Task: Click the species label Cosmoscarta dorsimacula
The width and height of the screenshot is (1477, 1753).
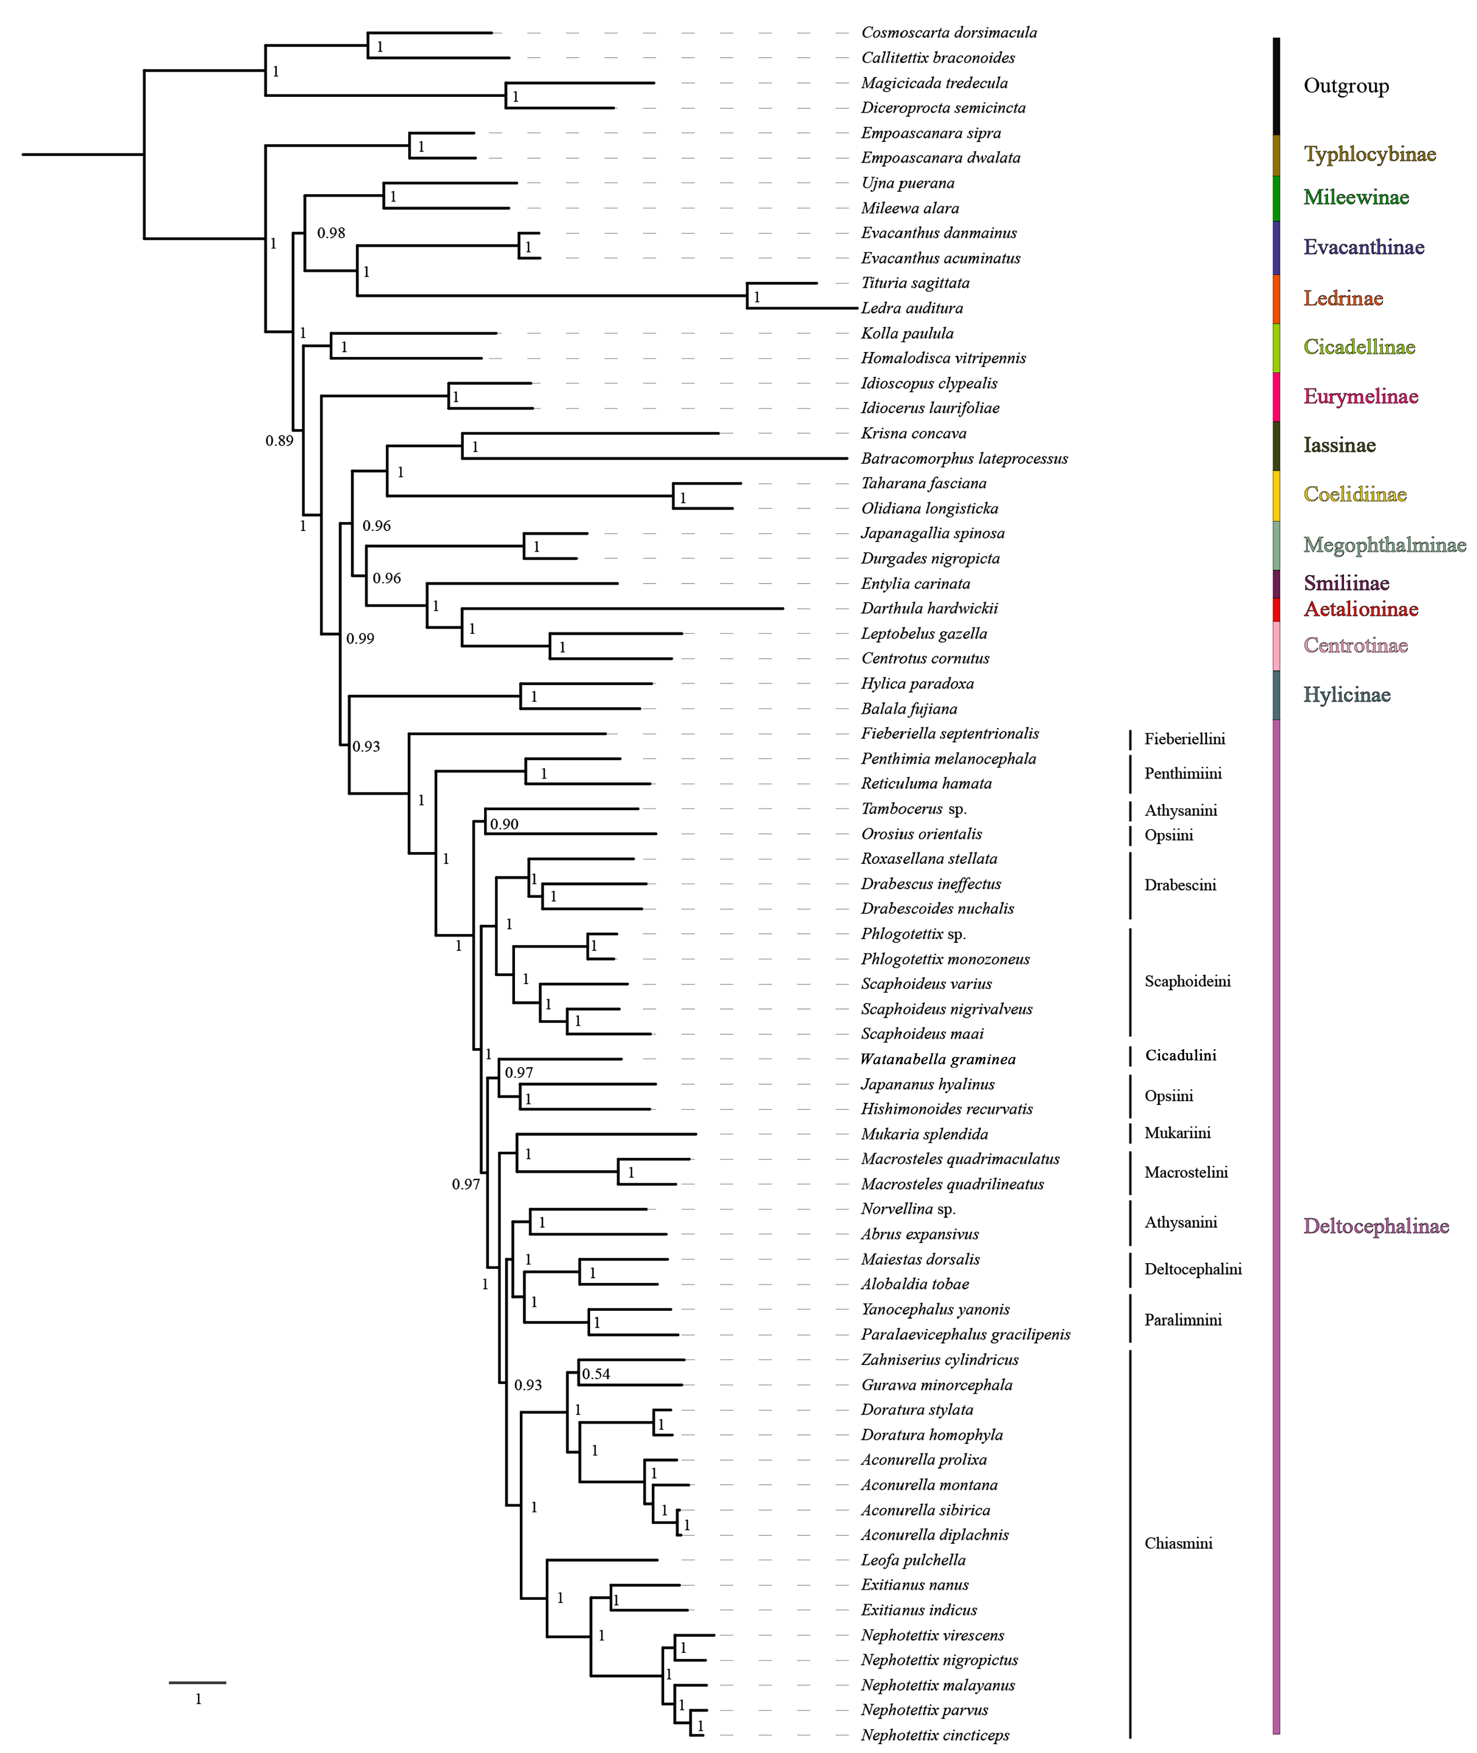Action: click(949, 33)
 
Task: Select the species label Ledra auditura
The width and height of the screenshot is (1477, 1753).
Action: click(912, 308)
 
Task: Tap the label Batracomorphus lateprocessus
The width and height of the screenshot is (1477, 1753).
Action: click(964, 459)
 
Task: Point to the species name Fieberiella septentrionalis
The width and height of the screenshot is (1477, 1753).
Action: click(949, 733)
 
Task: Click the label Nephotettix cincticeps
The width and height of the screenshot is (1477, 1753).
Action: click(935, 1736)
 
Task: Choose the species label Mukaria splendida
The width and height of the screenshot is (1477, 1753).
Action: click(924, 1134)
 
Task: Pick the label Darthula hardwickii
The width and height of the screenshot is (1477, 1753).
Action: click(929, 608)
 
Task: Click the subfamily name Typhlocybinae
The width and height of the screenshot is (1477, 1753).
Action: click(1369, 154)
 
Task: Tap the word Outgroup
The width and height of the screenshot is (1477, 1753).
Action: click(1345, 86)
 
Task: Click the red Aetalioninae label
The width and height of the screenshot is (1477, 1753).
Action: click(1360, 609)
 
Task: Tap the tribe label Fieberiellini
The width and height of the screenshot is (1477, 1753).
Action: click(1184, 739)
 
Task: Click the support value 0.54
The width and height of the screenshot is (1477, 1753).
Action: click(596, 1374)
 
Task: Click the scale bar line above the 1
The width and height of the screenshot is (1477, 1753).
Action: click(198, 1682)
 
